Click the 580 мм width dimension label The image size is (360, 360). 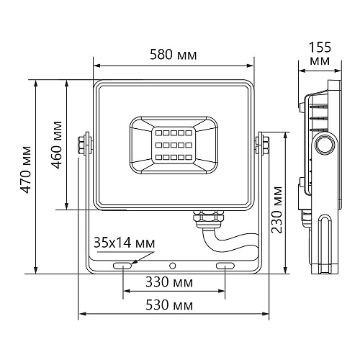174,55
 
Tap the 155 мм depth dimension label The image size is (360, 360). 320,53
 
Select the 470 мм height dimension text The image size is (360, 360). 25,170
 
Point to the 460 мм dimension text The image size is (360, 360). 56,145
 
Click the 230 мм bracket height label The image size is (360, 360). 276,210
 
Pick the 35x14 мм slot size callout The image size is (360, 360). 124,243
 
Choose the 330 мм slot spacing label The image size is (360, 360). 169,282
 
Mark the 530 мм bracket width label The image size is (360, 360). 169,305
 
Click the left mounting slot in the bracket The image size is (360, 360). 122,266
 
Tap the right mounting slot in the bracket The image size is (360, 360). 225,266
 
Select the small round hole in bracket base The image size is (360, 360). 172,266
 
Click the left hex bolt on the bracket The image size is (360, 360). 81,145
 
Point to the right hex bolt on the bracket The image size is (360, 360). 266,145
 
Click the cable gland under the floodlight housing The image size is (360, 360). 208,219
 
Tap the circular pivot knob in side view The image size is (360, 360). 325,145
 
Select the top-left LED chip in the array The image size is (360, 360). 158,132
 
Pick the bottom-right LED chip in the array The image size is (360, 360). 189,158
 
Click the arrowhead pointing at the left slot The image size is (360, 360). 133,262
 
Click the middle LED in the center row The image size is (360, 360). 174,145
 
